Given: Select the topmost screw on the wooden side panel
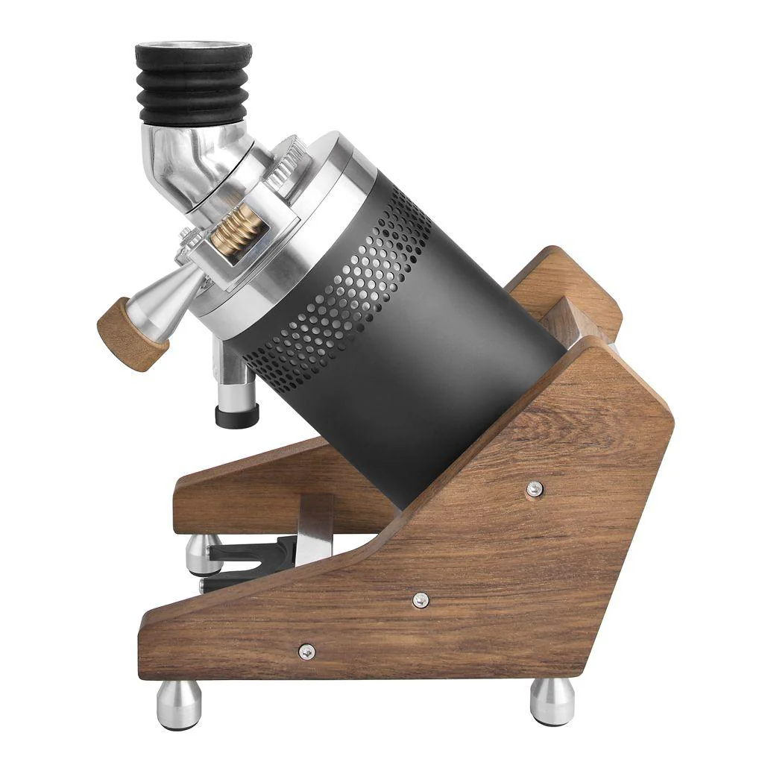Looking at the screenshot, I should (x=534, y=489).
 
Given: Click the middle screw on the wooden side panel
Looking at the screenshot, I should (x=421, y=599).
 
